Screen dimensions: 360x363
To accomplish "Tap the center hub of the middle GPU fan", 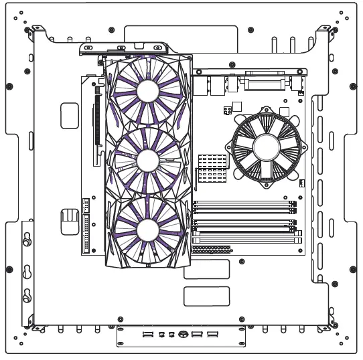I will [147, 160].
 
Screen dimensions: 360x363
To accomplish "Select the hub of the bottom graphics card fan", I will [147, 230].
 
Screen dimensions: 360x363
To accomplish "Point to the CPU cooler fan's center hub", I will [266, 147].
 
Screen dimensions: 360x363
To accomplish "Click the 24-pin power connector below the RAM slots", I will [211, 249].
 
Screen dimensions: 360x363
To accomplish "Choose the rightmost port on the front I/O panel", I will [212, 333].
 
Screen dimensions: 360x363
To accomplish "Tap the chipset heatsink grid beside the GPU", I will [212, 168].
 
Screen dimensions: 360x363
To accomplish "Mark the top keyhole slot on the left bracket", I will [27, 239].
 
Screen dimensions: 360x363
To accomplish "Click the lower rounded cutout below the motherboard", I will [206, 296].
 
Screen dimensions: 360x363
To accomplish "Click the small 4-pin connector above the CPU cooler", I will [228, 107].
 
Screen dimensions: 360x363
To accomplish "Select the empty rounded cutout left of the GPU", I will [70, 115].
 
